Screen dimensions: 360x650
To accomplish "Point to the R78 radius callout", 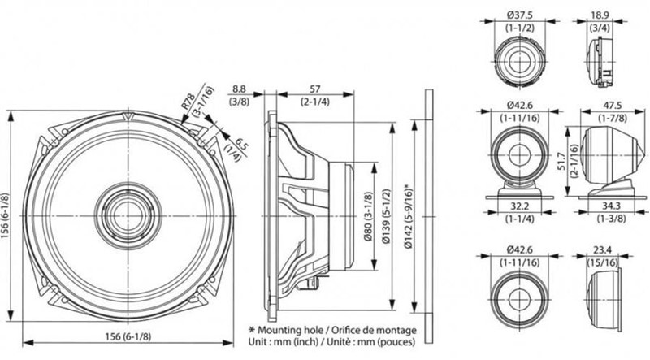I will tap(187, 101).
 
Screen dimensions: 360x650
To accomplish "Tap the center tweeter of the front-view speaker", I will tap(126, 210).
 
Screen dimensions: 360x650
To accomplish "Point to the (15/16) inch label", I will tap(600, 264).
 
